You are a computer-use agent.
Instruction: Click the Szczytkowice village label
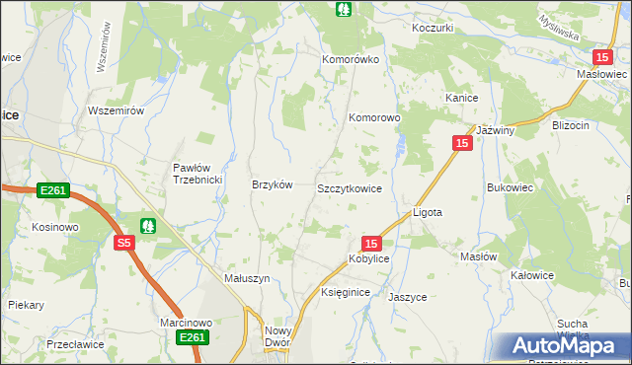[349, 187]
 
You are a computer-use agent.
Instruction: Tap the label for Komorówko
[351, 59]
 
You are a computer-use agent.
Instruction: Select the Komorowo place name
[374, 117]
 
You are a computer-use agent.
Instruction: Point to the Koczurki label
[432, 28]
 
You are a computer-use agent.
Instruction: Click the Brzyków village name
[273, 184]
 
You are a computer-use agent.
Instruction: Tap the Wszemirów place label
[117, 110]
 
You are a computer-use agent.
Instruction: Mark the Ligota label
[427, 212]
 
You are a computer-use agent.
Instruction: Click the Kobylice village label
[368, 258]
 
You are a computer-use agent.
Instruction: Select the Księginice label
[346, 293]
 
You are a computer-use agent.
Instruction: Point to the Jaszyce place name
[407, 296]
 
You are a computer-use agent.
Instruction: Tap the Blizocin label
[571, 125]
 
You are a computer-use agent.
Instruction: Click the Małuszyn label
[248, 279]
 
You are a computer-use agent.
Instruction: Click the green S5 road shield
[122, 243]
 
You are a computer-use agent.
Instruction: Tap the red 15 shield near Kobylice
[370, 243]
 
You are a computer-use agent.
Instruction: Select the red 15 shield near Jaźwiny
[462, 143]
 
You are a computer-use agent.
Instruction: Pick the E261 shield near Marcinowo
[192, 338]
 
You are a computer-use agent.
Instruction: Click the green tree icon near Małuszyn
[148, 226]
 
